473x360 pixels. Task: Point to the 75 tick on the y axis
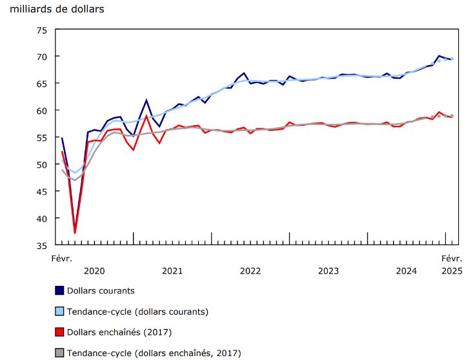[x=42, y=30]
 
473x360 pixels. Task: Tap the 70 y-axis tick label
[x=42, y=57]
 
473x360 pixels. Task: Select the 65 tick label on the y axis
[x=42, y=84]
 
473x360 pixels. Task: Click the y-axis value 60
[x=42, y=111]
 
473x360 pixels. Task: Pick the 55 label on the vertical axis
[x=42, y=138]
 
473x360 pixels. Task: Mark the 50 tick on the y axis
[x=42, y=165]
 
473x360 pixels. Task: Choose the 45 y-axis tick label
[x=42, y=192]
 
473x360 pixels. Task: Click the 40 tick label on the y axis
[x=42, y=219]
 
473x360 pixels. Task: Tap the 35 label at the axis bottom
[x=42, y=246]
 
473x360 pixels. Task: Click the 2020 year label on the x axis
[x=94, y=271]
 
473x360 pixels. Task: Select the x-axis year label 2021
[x=172, y=271]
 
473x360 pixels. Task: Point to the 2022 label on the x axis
[x=250, y=271]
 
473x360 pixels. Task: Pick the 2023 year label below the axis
[x=328, y=271]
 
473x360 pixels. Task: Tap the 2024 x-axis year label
[x=407, y=271]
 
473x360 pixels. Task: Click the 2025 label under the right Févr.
[x=452, y=271]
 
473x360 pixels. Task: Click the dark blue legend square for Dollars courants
[x=60, y=291]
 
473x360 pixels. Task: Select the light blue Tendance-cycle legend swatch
[x=60, y=312]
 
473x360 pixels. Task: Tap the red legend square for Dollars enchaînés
[x=60, y=332]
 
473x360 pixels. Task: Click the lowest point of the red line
[x=75, y=232]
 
